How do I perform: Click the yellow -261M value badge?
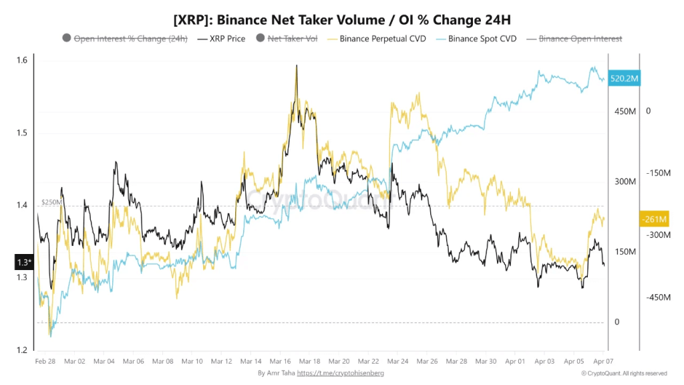(653, 219)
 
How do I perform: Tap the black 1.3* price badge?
(23, 262)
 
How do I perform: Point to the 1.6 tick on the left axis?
(22, 61)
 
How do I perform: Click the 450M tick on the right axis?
(627, 112)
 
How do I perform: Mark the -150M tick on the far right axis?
(658, 173)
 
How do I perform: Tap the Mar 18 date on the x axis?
(311, 361)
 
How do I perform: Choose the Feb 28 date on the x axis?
(45, 361)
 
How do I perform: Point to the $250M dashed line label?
(51, 201)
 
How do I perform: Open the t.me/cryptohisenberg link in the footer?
(341, 373)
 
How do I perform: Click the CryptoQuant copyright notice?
(623, 373)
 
